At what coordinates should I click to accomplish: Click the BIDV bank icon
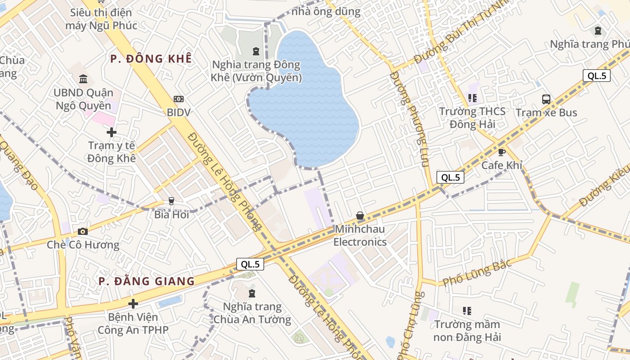[x=179, y=99]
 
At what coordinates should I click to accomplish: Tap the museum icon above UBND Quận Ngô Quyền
[x=83, y=80]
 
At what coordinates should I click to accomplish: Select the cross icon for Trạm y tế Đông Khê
[x=112, y=132]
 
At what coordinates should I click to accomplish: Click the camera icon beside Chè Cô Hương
[x=83, y=231]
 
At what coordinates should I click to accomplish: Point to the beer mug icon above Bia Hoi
[x=171, y=201]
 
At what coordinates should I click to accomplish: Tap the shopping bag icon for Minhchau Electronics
[x=360, y=216]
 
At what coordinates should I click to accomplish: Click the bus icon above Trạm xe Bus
[x=546, y=99]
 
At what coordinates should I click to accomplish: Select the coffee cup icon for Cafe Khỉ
[x=502, y=152]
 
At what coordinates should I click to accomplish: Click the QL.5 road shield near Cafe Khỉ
[x=450, y=177]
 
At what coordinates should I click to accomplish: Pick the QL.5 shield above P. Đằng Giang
[x=250, y=264]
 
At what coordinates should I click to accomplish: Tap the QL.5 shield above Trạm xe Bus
[x=597, y=76]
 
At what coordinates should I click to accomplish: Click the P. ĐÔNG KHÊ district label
[x=151, y=58]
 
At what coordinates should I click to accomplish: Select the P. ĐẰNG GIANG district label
[x=147, y=281]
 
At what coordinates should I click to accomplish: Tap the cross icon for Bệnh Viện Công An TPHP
[x=133, y=303]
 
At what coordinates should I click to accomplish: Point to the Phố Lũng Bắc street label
[x=477, y=274]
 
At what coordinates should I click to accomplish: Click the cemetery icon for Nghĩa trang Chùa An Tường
[x=252, y=293]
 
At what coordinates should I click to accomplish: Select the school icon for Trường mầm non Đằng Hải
[x=467, y=310]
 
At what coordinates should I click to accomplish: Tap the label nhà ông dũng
[x=326, y=12]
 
